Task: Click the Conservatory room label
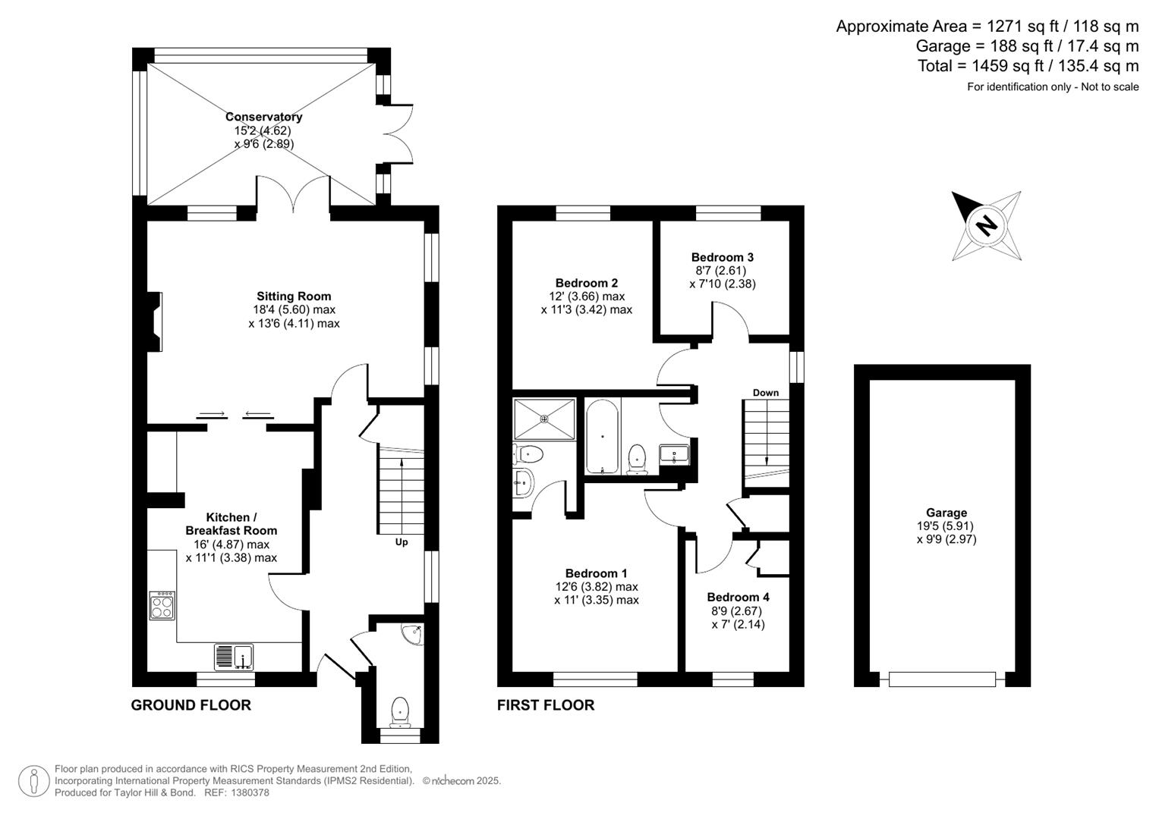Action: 263,117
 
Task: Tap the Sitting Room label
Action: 294,297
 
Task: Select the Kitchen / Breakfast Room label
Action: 231,524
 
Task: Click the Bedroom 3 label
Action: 722,257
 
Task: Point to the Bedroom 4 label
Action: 738,597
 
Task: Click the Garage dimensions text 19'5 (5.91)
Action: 945,526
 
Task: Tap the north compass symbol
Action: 985,225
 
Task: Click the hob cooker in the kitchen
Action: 162,604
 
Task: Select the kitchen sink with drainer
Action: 234,657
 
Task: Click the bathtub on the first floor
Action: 603,437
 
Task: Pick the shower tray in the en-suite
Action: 544,419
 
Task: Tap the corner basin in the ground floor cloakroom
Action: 414,634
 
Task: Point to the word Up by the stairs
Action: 401,542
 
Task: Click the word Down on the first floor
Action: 765,393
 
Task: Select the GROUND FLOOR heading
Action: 191,705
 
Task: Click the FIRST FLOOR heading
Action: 545,705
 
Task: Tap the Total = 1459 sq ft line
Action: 1028,66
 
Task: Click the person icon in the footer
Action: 33,781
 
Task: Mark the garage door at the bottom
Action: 941,679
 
